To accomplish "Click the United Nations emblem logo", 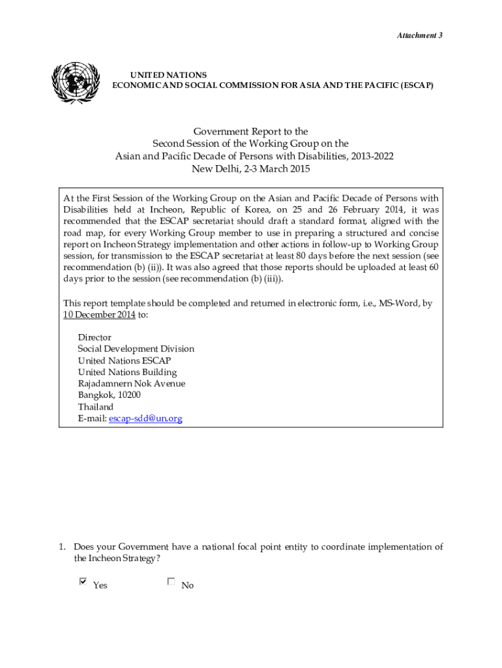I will pos(76,83).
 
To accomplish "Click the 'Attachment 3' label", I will pos(420,35).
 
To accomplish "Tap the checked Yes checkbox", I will pos(83,581).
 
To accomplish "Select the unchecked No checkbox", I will pos(171,581).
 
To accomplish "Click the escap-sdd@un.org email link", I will pos(145,418).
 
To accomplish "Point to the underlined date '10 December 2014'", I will pos(99,314).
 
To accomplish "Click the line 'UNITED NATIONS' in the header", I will pos(169,76).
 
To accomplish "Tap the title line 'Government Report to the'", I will pos(250,132).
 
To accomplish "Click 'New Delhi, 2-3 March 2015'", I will pos(250,169).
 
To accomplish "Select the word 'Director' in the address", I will pos(95,337).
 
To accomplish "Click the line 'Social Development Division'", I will pos(136,349).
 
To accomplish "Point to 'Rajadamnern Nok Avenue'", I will pos(131,384).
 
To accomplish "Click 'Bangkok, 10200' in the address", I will pos(109,395).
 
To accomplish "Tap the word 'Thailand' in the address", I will pos(96,406).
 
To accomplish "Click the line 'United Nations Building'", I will pos(127,372).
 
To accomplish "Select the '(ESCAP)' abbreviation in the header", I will pos(416,86).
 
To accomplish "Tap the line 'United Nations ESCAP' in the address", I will pos(125,361).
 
